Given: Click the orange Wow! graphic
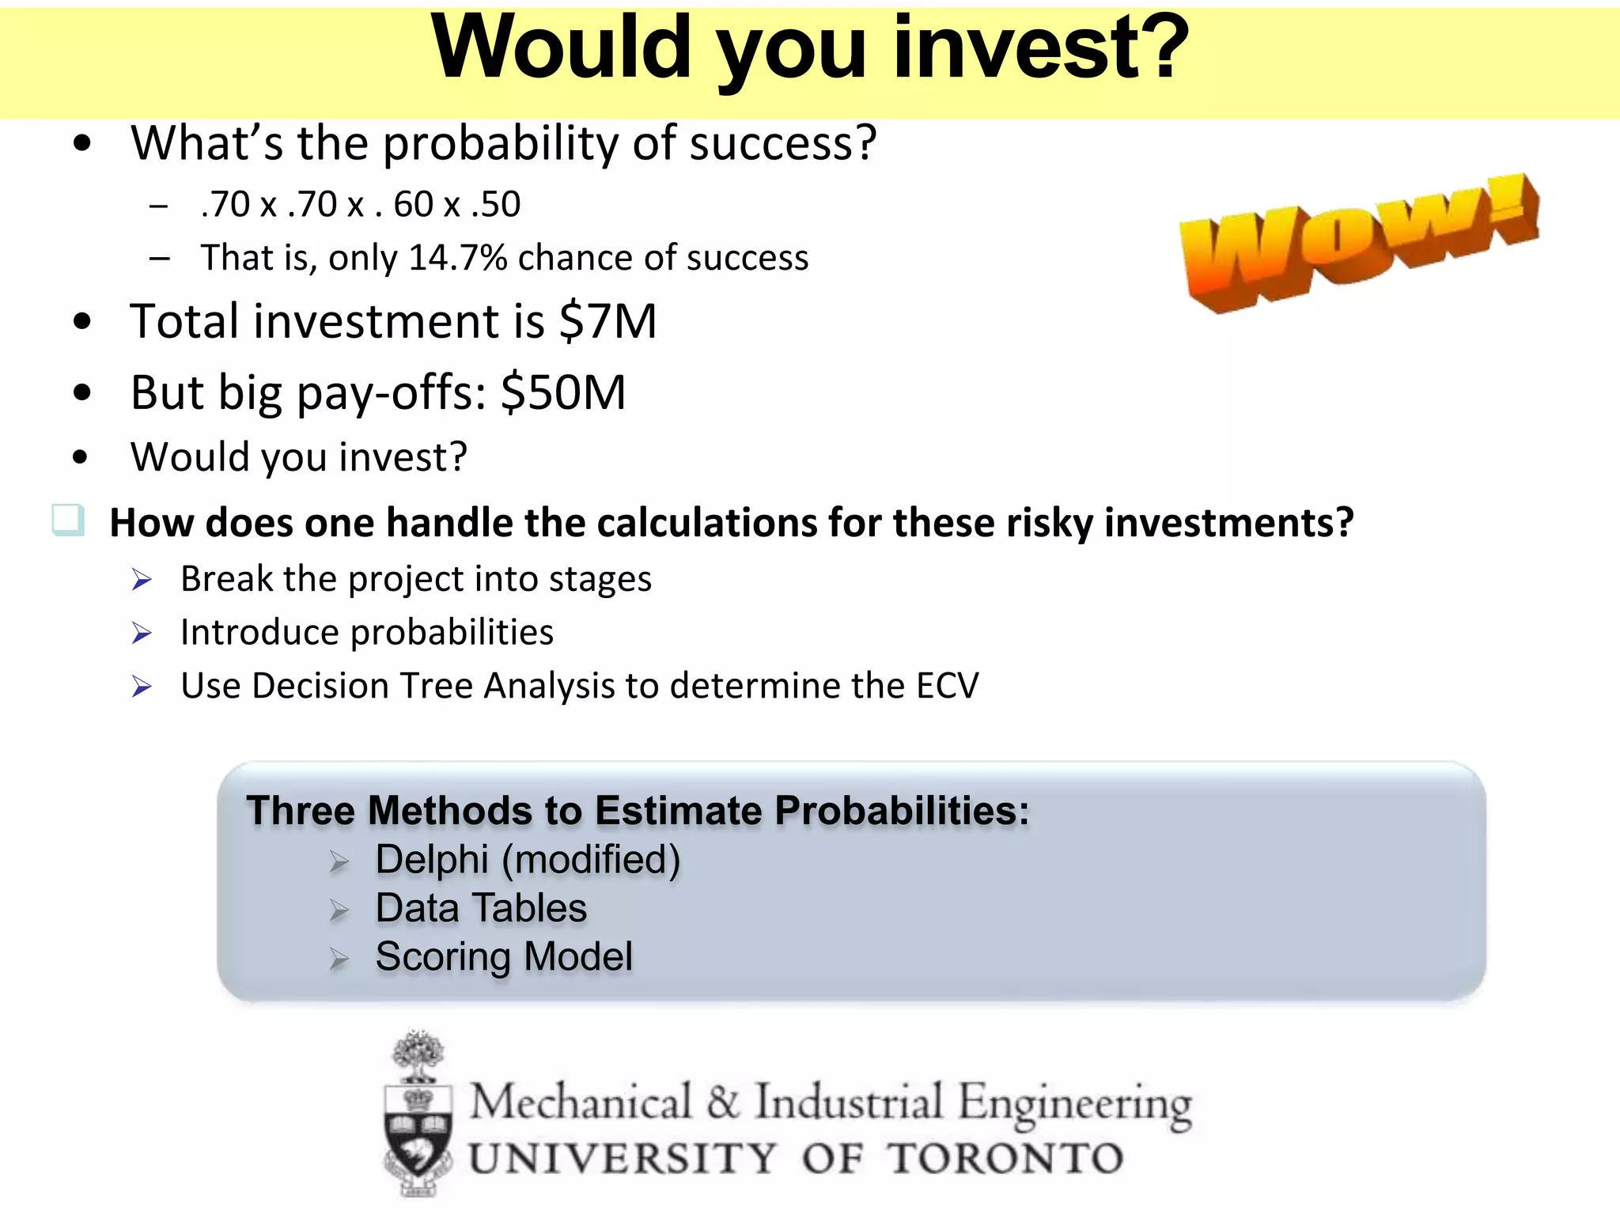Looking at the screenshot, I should pos(1359,241).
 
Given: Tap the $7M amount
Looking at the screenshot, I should pos(607,322).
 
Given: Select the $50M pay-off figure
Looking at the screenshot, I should pos(563,393).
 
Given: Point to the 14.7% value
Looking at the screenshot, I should pos(458,258).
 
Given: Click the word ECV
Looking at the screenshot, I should pos(947,686).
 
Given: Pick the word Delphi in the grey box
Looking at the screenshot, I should pos(432,860).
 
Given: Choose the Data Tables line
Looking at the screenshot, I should pos(481,908).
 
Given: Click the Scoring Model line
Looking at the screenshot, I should pos(504,957).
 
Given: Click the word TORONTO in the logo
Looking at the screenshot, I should pos(1005,1160).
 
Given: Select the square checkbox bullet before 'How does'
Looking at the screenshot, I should pos(68,520).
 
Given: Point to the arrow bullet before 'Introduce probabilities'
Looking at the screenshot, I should pos(142,634).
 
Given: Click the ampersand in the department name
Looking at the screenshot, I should pos(723,1102).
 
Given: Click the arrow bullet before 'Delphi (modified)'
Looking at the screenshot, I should pos(339,861).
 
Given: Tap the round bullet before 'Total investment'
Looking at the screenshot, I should pos(82,322).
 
